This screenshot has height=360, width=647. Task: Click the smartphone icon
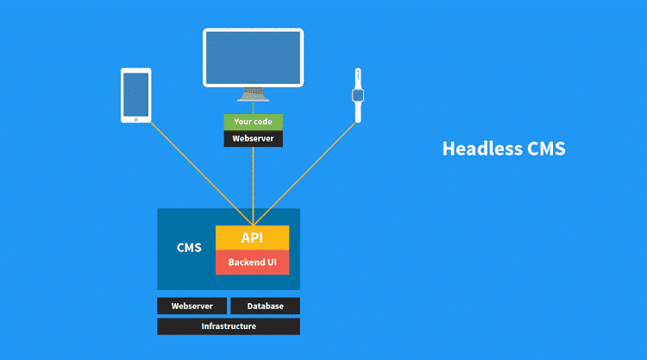click(136, 96)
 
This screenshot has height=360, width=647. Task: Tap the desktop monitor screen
click(253, 57)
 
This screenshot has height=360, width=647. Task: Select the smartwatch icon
click(357, 95)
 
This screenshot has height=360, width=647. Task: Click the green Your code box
click(253, 122)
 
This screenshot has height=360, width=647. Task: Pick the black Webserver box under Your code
click(253, 138)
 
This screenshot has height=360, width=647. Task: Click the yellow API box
click(252, 237)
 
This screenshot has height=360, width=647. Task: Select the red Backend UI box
click(252, 262)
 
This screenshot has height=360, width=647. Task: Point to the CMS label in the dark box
click(189, 248)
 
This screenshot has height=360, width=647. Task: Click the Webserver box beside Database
click(192, 306)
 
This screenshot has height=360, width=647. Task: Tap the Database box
click(265, 306)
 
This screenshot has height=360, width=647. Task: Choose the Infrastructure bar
click(229, 326)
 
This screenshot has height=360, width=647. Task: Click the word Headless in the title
click(479, 148)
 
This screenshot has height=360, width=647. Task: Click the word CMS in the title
click(545, 148)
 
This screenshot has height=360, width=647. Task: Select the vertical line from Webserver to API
click(253, 186)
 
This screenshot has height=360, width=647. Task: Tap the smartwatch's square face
click(357, 95)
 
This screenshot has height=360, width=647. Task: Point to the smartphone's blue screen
click(136, 94)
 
